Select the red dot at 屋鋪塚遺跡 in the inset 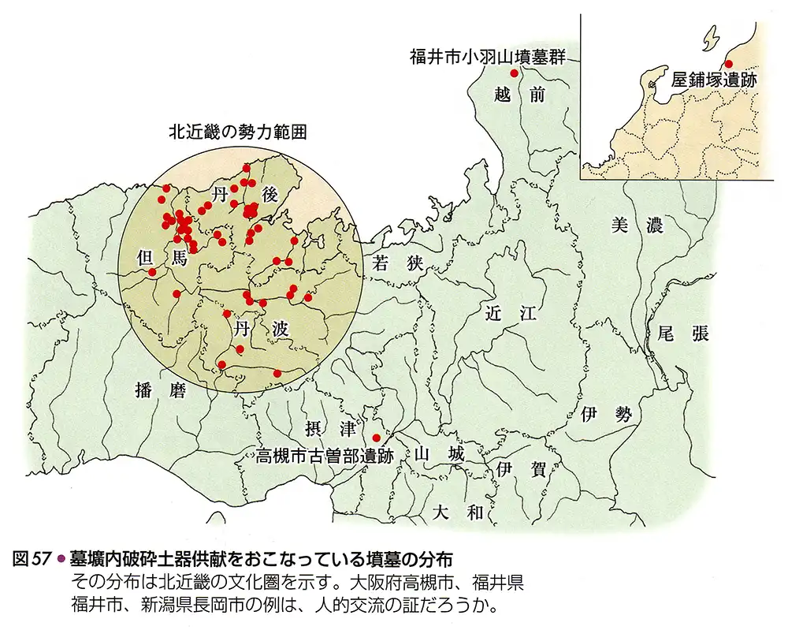point(728,63)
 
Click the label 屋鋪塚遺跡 point(714,80)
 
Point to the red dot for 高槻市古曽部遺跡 point(376,438)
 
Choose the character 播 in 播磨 point(143,389)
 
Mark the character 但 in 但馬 point(144,257)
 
